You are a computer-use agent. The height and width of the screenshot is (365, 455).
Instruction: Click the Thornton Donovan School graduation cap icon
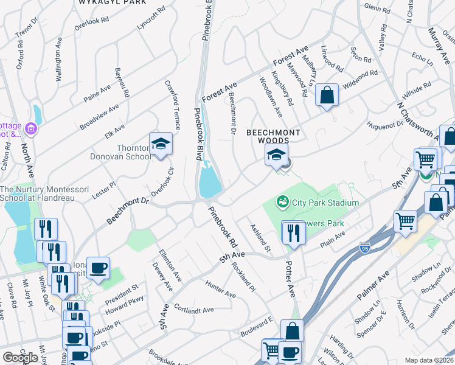161,144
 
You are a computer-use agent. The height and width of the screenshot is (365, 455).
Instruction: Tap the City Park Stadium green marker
282,201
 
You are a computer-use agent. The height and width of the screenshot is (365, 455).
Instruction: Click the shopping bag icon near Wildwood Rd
327,96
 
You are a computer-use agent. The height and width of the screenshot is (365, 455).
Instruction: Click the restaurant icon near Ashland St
293,232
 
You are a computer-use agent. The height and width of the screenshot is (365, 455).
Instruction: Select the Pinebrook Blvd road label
198,134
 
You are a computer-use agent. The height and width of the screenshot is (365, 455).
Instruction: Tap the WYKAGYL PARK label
112,2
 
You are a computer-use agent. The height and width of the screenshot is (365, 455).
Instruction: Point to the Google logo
20,357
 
